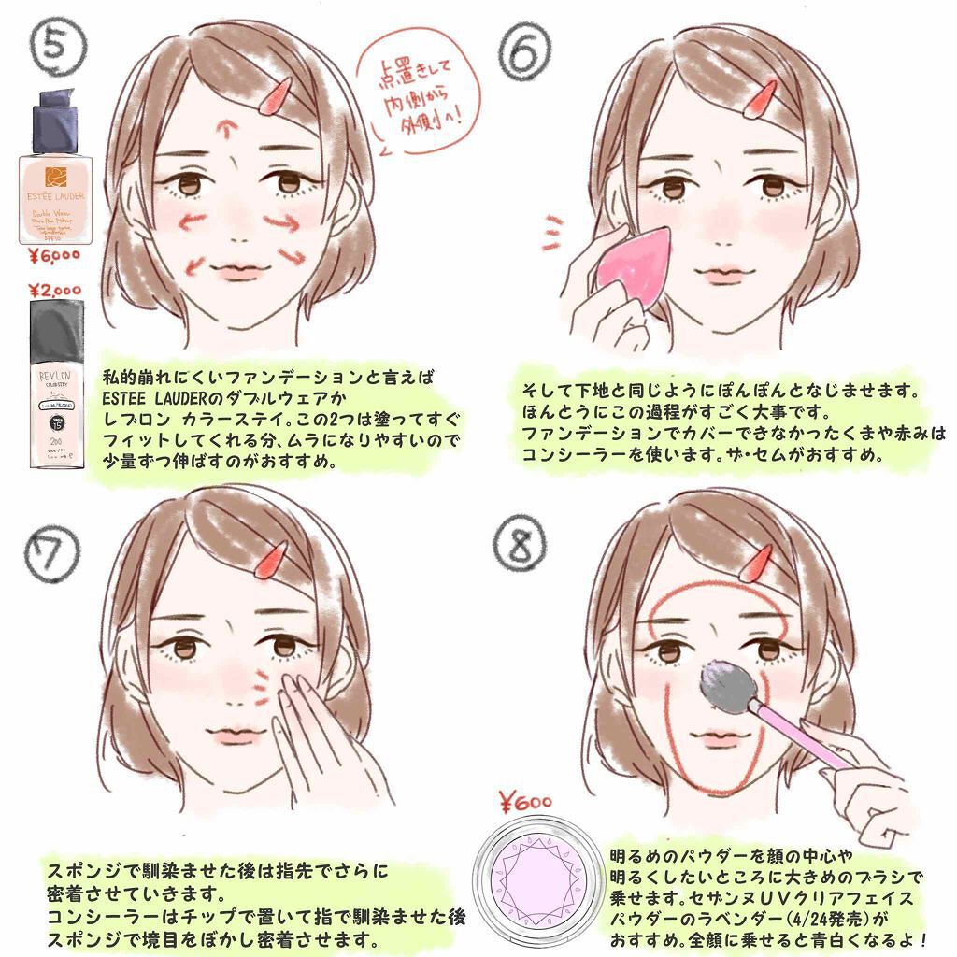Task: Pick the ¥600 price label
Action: tap(525, 801)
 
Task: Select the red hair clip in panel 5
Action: tap(277, 95)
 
